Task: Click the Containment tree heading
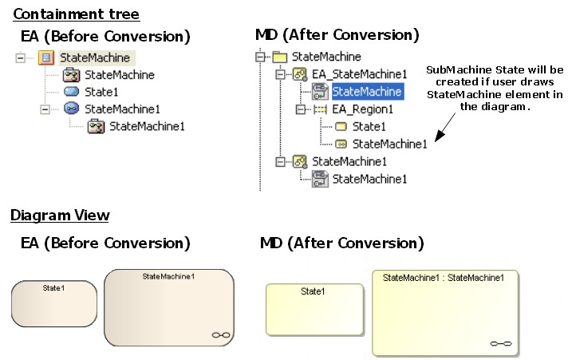pos(77,14)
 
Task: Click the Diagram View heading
pos(60,216)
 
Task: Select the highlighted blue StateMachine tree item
pos(367,92)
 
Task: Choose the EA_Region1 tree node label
pos(363,109)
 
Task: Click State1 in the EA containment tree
pos(101,92)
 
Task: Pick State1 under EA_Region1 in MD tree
pos(369,126)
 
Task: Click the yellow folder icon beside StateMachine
pos(279,57)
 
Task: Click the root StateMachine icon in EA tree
pos(46,57)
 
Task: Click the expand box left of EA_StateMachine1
pos(280,74)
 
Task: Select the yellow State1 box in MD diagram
pos(314,310)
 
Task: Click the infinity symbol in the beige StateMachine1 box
pos(221,335)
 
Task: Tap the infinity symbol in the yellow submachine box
pos(501,343)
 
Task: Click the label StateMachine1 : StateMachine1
pos(444,278)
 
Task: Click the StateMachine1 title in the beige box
pos(168,276)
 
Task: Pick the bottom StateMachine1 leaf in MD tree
pos(369,179)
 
